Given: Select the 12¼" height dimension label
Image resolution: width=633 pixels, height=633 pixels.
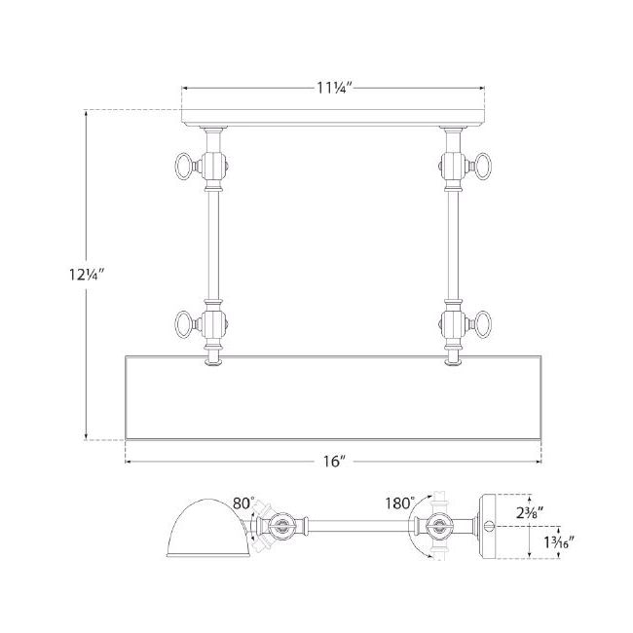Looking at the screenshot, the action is (87, 275).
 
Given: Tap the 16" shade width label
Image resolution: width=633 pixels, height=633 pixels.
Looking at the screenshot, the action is (335, 461).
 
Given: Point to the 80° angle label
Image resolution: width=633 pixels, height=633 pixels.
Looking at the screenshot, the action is (243, 503).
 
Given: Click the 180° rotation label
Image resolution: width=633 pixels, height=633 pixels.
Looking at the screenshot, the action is (399, 503).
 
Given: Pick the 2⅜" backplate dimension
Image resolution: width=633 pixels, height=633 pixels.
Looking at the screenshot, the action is (530, 512).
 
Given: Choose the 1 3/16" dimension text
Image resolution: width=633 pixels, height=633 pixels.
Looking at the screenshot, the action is (559, 542).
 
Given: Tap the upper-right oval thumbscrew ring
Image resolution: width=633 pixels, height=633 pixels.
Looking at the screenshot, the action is (483, 166).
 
